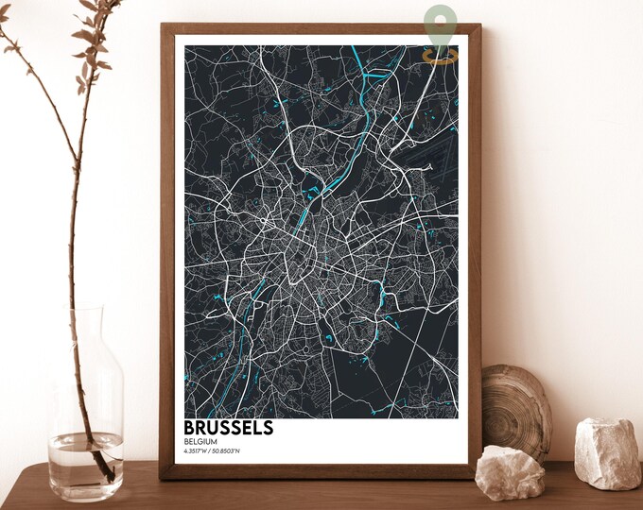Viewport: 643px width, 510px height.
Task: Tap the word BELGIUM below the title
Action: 202,440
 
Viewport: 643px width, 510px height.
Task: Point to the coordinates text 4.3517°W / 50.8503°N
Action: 214,450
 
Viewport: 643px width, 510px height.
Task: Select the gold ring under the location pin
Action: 440,57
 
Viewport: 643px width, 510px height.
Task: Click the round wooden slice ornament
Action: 515,411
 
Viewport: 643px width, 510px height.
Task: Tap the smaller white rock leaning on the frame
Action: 509,471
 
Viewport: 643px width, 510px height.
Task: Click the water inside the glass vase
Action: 85,463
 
